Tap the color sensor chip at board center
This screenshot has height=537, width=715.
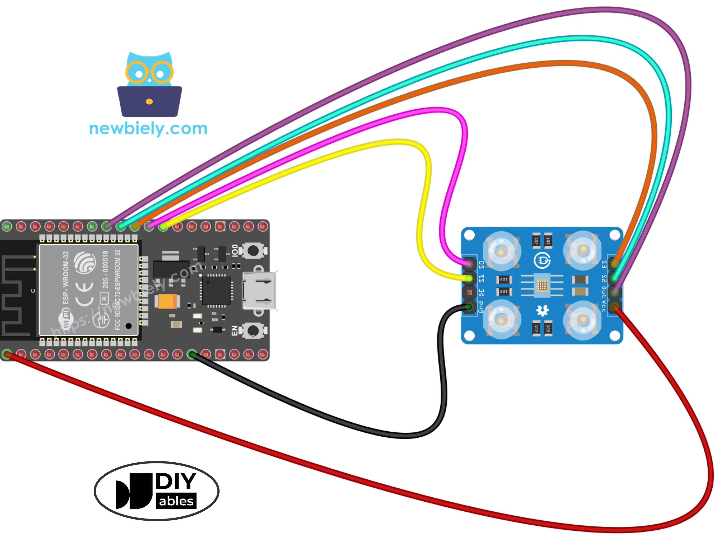(542, 285)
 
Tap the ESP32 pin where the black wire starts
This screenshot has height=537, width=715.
(192, 354)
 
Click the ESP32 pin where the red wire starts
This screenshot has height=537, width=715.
(7, 354)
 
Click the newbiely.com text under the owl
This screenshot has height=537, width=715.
(148, 129)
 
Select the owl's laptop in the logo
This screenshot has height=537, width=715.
(149, 101)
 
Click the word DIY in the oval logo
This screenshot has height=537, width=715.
(176, 481)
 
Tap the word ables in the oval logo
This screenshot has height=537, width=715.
(176, 501)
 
